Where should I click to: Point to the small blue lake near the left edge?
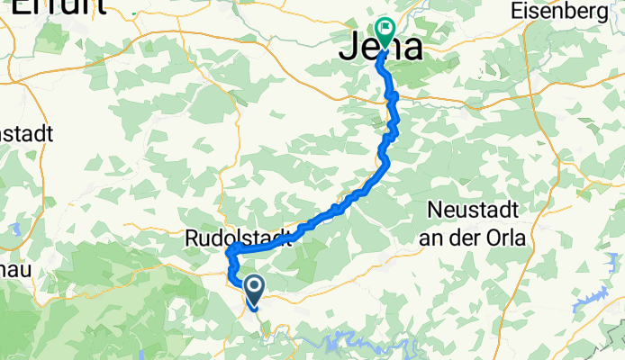pos(15,230)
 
